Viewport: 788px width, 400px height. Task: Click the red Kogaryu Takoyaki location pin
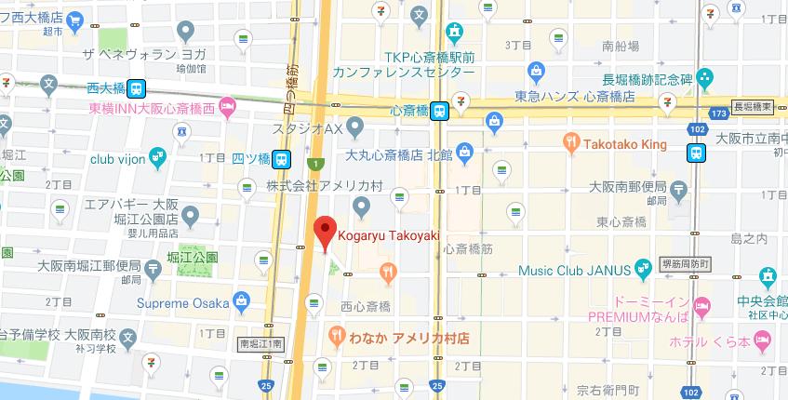point(324,230)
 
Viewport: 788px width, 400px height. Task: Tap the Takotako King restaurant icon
point(572,143)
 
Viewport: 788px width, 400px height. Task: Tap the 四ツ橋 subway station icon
point(281,157)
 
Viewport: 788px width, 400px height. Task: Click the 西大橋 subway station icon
point(137,88)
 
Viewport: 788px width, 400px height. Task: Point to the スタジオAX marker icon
point(354,126)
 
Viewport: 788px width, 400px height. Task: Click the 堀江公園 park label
point(194,255)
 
